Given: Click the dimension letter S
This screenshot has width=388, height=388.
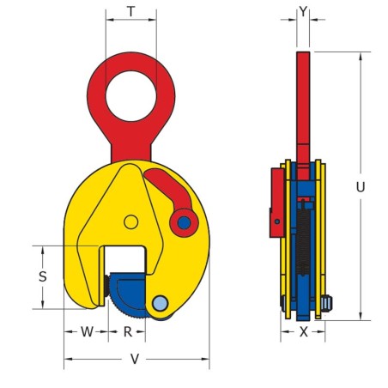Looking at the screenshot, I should pyautogui.click(x=43, y=276).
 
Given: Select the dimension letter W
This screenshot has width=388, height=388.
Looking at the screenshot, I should pyautogui.click(x=86, y=330).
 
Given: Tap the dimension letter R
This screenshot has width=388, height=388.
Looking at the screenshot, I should pyautogui.click(x=127, y=330).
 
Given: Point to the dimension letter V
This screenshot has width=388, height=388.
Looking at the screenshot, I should pyautogui.click(x=136, y=360).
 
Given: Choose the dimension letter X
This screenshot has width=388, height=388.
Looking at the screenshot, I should pyautogui.click(x=303, y=330).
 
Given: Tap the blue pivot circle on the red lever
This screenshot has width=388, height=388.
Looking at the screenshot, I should pyautogui.click(x=182, y=225).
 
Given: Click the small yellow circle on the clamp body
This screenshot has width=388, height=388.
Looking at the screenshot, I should pyautogui.click(x=130, y=222).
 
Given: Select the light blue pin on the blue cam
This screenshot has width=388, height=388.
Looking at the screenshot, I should pyautogui.click(x=160, y=302).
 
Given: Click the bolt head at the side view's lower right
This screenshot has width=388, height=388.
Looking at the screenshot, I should pyautogui.click(x=329, y=303).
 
